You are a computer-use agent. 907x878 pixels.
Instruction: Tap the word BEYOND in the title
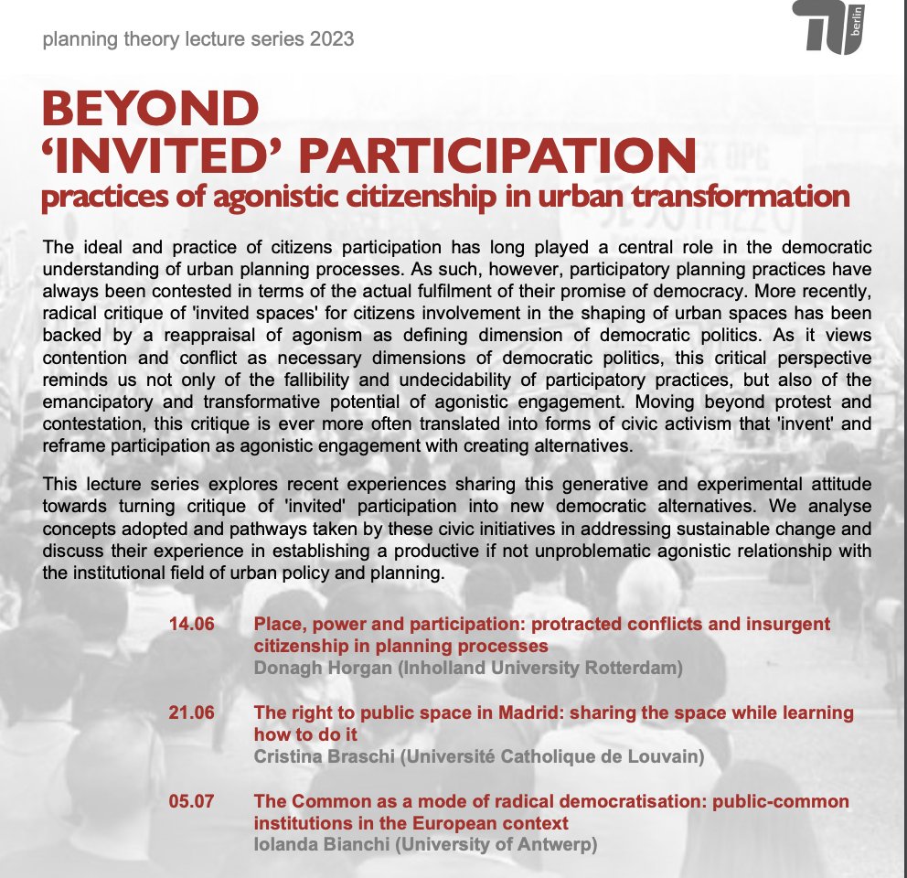click(151, 110)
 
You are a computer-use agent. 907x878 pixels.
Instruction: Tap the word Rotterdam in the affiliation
click(632, 669)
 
